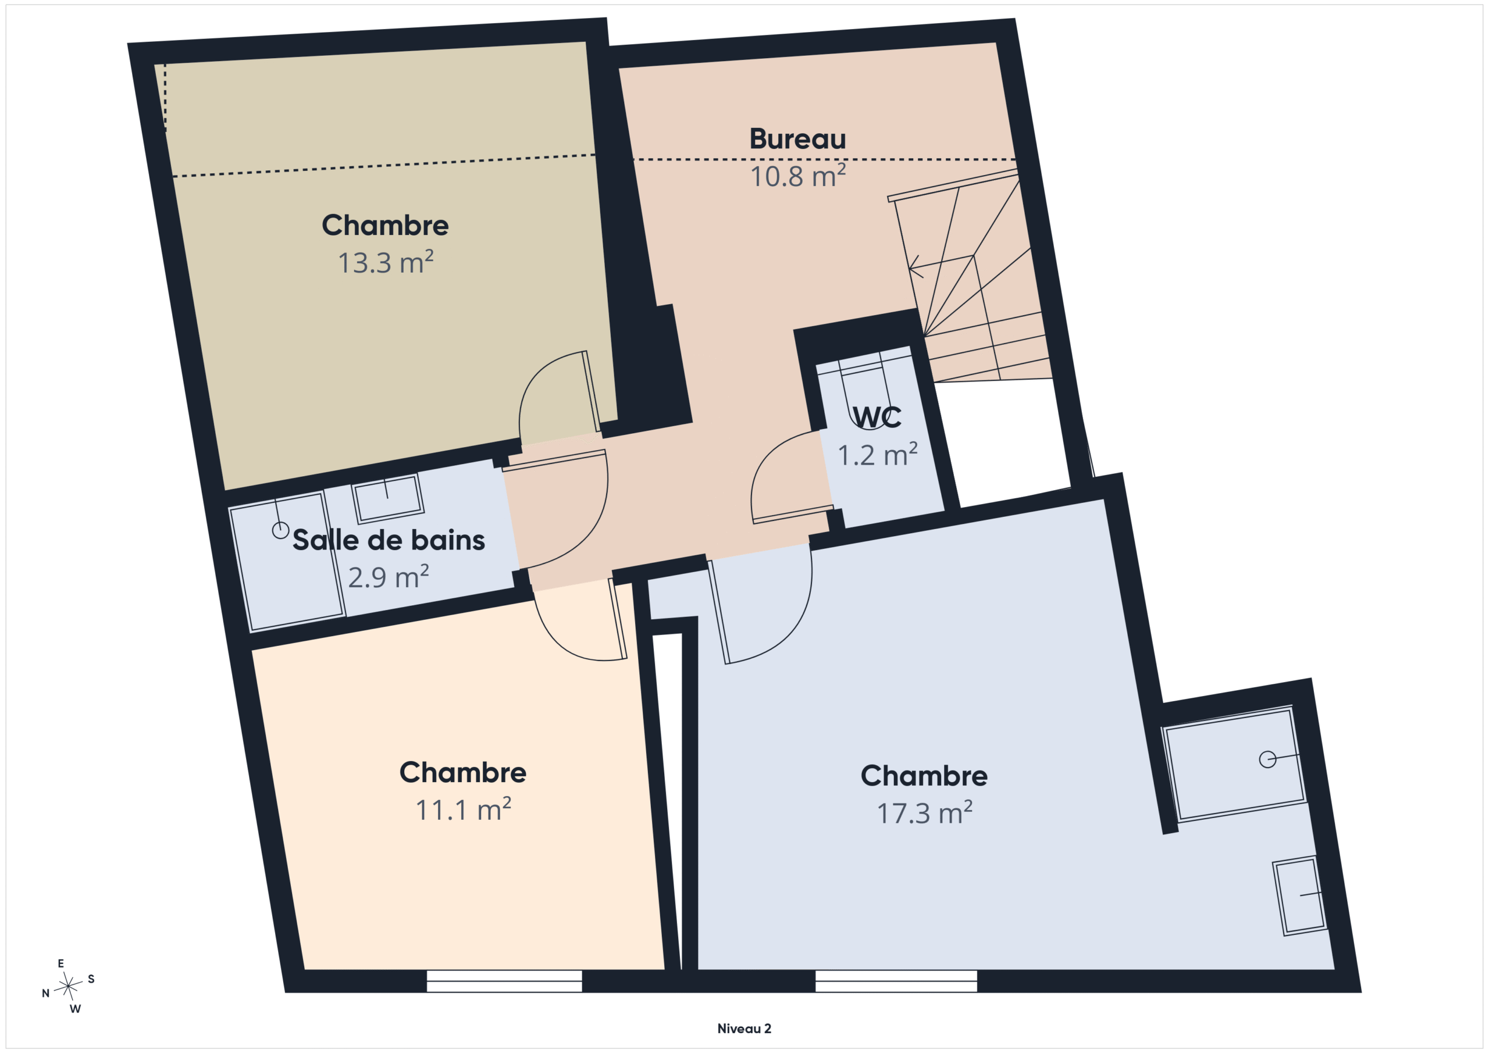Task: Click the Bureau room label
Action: tap(797, 139)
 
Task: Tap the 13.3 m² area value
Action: tap(385, 262)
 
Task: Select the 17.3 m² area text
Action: tap(924, 812)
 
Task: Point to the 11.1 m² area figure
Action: tap(463, 809)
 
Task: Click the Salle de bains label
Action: tap(389, 540)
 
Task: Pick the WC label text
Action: tap(877, 417)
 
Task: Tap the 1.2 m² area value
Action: tap(878, 455)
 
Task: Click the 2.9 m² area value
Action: tap(389, 576)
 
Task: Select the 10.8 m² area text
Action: tap(797, 176)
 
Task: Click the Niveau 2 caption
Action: tap(744, 1029)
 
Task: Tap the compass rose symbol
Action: tap(68, 986)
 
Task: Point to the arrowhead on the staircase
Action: tap(914, 266)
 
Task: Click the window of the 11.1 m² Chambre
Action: tap(504, 981)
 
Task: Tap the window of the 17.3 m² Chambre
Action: tap(896, 981)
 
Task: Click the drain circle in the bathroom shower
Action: tap(280, 530)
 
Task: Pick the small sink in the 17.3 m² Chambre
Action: tap(1299, 895)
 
